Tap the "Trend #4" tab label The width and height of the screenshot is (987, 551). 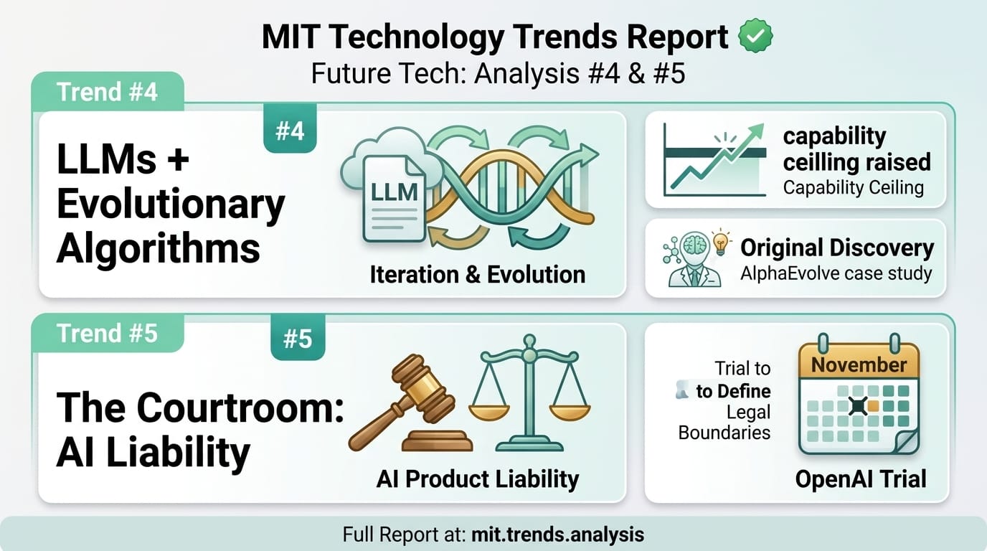pos(108,92)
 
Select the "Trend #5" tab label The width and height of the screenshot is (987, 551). pos(108,333)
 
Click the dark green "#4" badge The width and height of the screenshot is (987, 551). pos(290,131)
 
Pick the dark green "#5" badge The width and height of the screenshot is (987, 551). pos(297,338)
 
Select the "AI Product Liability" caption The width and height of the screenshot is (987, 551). pos(477,479)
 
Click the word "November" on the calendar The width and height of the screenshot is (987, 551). pos(859,364)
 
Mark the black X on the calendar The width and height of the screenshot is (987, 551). pos(857,406)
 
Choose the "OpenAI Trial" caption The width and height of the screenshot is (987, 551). pos(861,479)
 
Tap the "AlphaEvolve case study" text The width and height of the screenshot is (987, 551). pos(836,273)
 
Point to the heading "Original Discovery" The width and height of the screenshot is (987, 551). pos(837,248)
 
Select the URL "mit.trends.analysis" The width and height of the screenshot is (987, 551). pos(557,534)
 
